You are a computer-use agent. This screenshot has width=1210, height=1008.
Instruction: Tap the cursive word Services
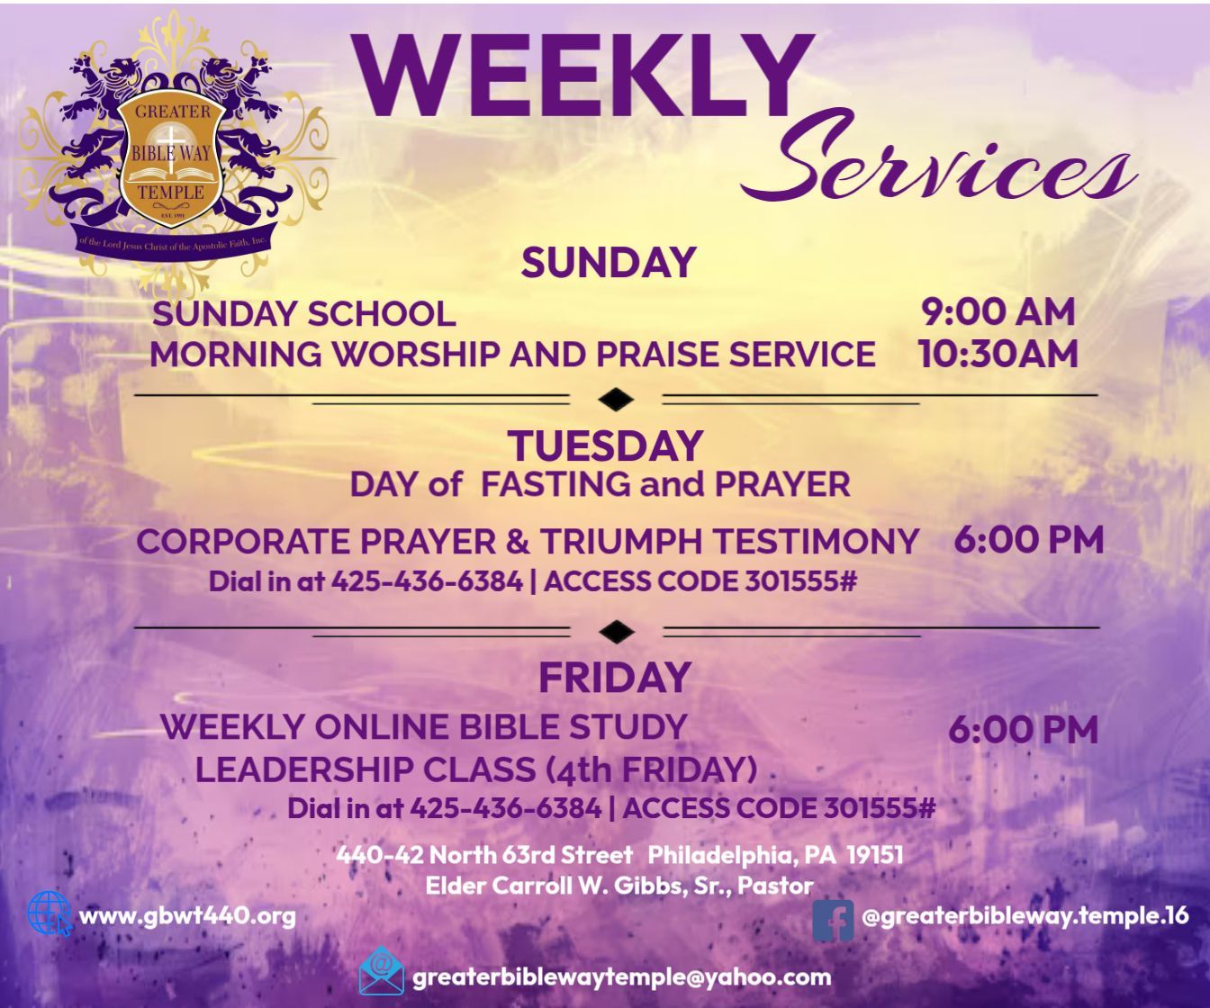(x=937, y=165)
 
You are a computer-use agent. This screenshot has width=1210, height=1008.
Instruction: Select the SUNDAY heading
(x=608, y=263)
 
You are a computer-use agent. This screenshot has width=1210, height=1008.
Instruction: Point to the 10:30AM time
(x=998, y=354)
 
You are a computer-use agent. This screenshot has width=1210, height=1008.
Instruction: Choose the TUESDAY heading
(x=606, y=445)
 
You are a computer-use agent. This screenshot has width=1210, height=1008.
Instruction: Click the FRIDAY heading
(x=615, y=677)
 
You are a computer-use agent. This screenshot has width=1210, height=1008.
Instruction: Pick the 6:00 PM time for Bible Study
(x=1024, y=729)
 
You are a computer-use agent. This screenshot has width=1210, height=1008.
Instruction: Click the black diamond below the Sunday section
(x=616, y=400)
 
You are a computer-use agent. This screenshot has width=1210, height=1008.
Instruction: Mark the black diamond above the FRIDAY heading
(x=616, y=632)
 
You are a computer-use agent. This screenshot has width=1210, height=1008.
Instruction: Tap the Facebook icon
(x=833, y=920)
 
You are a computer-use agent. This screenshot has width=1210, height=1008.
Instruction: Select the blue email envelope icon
(x=382, y=971)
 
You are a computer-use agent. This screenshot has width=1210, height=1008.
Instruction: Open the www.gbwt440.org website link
(x=187, y=917)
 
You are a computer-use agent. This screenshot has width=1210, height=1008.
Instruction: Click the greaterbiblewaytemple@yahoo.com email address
(x=622, y=977)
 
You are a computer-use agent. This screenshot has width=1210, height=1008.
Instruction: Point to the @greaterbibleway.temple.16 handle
(x=1025, y=916)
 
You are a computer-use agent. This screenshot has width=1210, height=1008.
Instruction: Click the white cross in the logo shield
(x=172, y=148)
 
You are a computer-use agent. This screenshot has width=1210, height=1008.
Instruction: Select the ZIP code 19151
(x=875, y=855)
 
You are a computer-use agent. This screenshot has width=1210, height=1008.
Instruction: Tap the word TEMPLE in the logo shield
(x=170, y=193)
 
